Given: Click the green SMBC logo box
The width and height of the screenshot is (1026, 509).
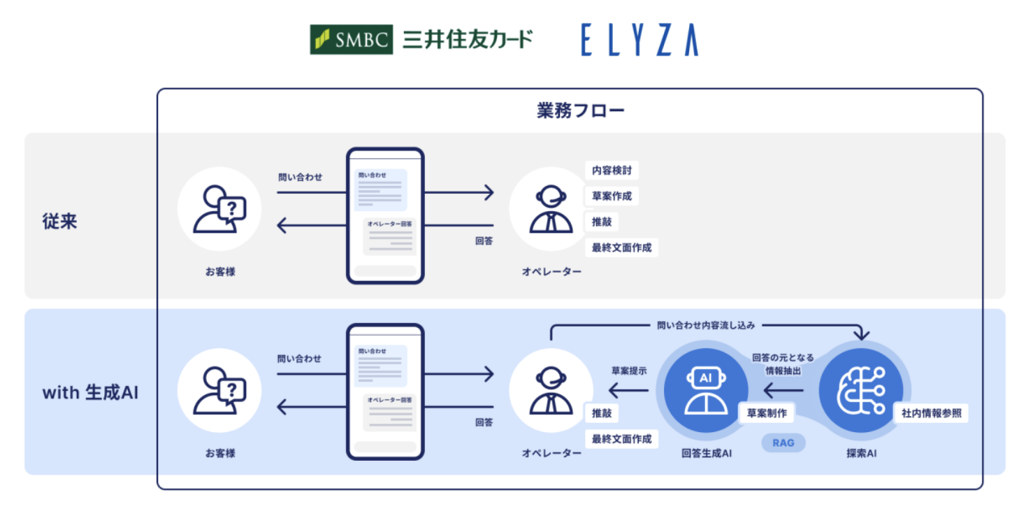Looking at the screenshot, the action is [352, 39].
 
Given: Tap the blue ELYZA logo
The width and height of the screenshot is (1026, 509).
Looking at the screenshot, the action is [640, 40].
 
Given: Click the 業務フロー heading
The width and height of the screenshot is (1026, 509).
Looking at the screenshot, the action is [580, 110].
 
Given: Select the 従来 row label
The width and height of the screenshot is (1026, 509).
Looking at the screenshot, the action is [60, 221].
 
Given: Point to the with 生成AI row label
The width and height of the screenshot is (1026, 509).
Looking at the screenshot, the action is [90, 393].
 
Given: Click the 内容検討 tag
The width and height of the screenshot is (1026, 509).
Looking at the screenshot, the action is [612, 171].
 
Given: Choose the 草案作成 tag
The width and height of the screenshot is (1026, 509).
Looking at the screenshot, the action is [612, 196].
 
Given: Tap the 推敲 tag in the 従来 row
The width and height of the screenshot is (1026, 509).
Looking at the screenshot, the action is [602, 222].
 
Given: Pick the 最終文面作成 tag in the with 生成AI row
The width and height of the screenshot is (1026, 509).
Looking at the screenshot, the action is [621, 439].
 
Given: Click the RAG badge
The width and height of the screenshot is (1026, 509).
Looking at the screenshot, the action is [783, 443].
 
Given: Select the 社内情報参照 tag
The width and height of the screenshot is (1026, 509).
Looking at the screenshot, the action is [932, 413].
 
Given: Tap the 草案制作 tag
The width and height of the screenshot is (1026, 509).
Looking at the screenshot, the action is [767, 413].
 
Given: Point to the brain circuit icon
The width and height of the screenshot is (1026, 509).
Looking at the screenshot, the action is [860, 391].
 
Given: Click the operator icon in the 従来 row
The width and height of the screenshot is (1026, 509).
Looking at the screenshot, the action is [551, 209].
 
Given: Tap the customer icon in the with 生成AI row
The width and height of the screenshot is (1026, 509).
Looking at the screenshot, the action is [220, 390].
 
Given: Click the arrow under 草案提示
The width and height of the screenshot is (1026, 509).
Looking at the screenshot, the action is [628, 391].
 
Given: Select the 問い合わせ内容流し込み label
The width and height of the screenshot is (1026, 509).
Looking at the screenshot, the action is [706, 325].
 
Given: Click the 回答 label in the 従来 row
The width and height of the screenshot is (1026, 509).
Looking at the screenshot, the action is [484, 241].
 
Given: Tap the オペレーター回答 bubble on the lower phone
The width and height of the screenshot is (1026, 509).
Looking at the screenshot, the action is [390, 413].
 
